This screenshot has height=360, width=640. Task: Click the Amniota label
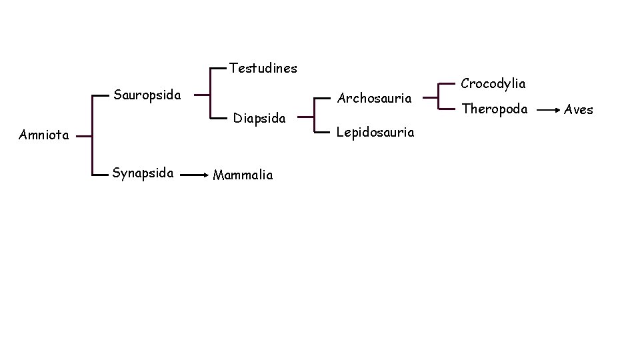pyautogui.click(x=44, y=135)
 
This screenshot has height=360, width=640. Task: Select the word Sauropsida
pyautogui.click(x=147, y=95)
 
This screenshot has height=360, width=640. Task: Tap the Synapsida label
pyautogui.click(x=143, y=174)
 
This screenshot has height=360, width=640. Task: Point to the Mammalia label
pyautogui.click(x=243, y=175)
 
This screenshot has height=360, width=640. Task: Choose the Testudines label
pyautogui.click(x=263, y=68)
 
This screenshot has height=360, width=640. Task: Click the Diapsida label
pyautogui.click(x=259, y=119)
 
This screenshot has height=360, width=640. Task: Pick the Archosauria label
pyautogui.click(x=374, y=98)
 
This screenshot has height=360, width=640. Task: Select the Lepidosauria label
pyautogui.click(x=375, y=133)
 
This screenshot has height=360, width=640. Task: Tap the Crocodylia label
pyautogui.click(x=493, y=84)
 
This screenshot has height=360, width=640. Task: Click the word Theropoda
pyautogui.click(x=495, y=109)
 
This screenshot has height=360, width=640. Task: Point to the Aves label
pyautogui.click(x=578, y=110)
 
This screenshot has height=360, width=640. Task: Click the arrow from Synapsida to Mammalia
pyautogui.click(x=194, y=175)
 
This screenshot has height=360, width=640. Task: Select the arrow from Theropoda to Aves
pyautogui.click(x=549, y=109)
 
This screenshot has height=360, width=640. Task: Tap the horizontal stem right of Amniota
pyautogui.click(x=83, y=135)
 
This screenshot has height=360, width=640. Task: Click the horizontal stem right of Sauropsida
pyautogui.click(x=202, y=95)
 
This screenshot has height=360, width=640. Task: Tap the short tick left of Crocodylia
pyautogui.click(x=448, y=84)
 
